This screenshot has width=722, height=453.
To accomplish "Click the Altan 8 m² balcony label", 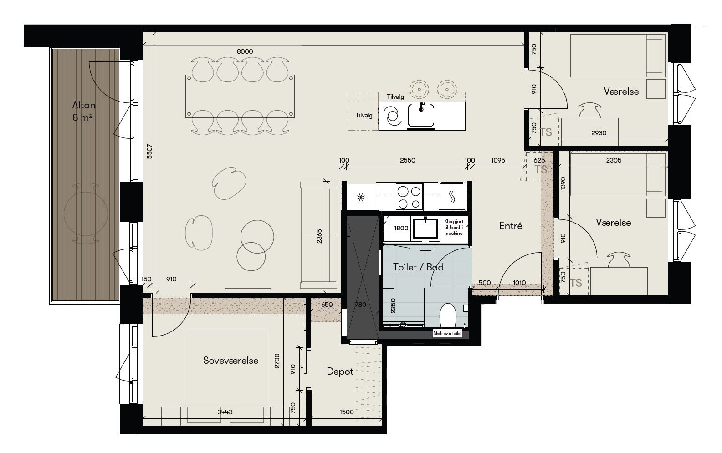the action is [x=83, y=111].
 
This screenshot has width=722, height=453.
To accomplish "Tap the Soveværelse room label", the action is [x=231, y=360].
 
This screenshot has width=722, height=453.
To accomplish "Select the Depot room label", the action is [x=340, y=372].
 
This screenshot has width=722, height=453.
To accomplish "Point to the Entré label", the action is [x=511, y=225].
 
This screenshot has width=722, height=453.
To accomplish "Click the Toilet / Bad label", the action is [x=418, y=267].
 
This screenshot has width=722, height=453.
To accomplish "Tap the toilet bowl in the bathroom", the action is [x=448, y=315].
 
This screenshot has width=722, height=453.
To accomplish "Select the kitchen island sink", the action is [x=421, y=115].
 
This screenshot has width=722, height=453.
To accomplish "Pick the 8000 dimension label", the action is [x=245, y=51].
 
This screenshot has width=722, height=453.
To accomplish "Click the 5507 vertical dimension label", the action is [x=149, y=152].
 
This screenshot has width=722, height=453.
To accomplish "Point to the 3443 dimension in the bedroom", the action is [x=225, y=412].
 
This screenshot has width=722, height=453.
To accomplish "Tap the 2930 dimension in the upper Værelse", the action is [x=599, y=133].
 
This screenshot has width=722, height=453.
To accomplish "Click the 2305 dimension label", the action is [x=614, y=160].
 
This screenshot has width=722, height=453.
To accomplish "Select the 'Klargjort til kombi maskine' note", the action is [x=454, y=228].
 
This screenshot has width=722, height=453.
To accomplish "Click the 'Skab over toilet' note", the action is [x=447, y=334].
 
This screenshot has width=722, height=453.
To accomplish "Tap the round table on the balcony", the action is [x=86, y=214].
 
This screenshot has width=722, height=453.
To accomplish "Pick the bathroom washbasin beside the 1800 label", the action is [x=425, y=229].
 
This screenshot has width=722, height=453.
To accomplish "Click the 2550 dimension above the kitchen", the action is [x=407, y=160].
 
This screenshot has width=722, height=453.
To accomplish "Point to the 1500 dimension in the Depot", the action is [x=347, y=412].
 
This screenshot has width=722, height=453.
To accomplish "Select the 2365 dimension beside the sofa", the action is [x=319, y=236].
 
